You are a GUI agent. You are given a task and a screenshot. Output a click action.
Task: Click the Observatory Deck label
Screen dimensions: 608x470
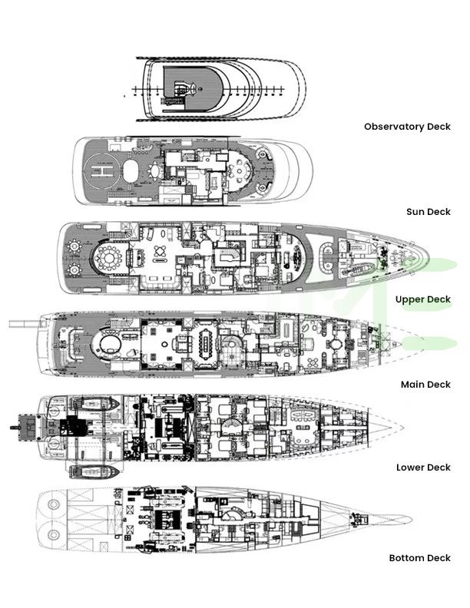(407, 127)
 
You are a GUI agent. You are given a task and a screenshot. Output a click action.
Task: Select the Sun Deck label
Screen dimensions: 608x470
(428, 211)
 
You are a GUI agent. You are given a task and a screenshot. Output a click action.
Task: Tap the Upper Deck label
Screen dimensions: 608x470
(422, 299)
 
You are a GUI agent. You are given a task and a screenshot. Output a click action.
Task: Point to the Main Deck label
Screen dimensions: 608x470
(425, 384)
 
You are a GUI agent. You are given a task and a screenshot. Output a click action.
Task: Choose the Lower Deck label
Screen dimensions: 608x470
(422, 467)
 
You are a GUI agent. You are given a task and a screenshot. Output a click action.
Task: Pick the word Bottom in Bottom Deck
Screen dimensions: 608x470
(408, 558)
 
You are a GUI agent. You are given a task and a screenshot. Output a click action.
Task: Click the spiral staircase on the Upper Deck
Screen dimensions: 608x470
(228, 253)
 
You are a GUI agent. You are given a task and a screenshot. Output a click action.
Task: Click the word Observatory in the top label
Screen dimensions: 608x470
(392, 127)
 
